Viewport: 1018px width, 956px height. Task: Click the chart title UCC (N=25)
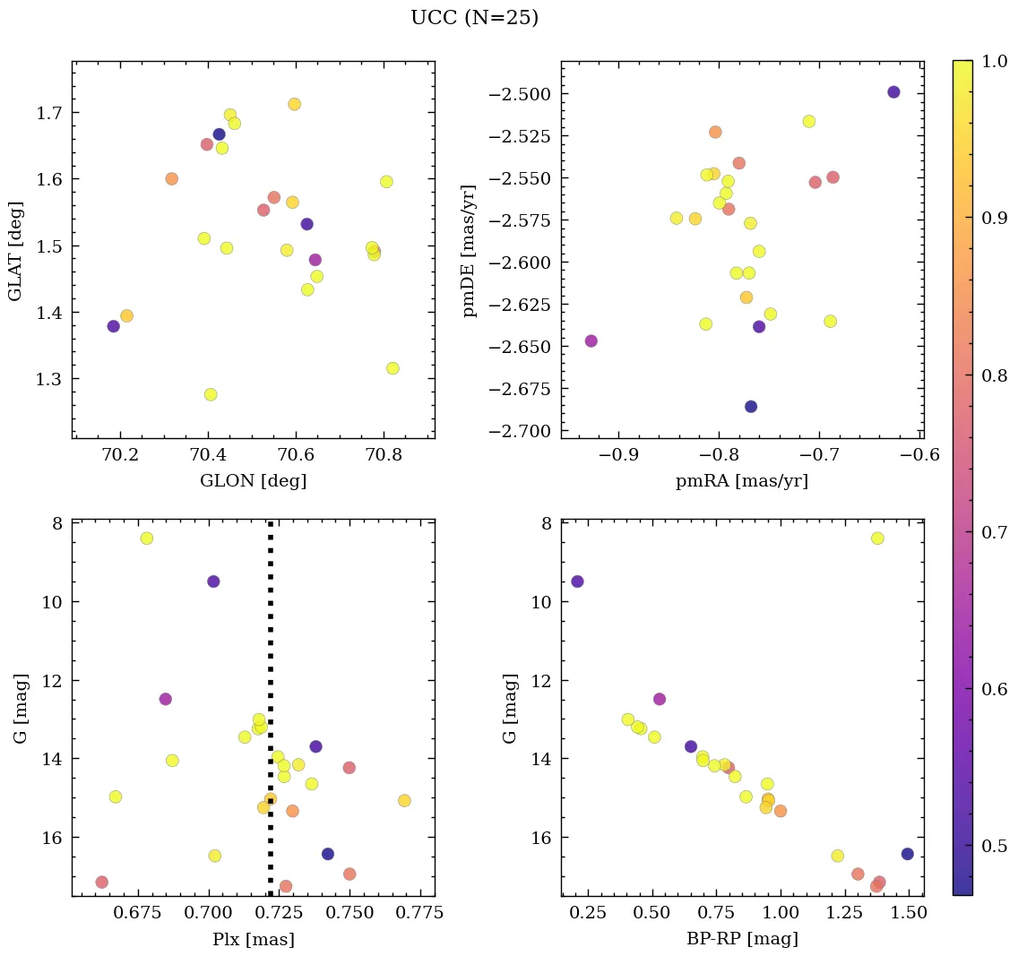(x=474, y=18)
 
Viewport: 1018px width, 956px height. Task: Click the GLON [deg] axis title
(x=253, y=481)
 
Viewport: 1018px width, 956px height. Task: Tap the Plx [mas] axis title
(x=253, y=939)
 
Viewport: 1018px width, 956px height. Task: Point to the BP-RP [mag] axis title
(x=742, y=939)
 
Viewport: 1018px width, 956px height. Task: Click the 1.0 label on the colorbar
(x=995, y=61)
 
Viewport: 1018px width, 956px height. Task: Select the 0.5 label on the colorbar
(x=995, y=846)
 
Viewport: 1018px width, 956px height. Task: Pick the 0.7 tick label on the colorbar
(x=995, y=532)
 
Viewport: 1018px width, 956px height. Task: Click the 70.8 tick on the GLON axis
(x=384, y=456)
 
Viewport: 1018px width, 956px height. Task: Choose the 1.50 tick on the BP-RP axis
(x=910, y=913)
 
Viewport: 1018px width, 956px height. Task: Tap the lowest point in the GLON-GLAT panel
(x=211, y=394)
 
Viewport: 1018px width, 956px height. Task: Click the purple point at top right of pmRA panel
(x=893, y=92)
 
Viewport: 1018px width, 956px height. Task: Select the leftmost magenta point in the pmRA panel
(x=591, y=341)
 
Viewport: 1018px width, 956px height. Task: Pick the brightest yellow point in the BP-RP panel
(x=877, y=538)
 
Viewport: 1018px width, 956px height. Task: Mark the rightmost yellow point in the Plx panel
(x=404, y=800)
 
